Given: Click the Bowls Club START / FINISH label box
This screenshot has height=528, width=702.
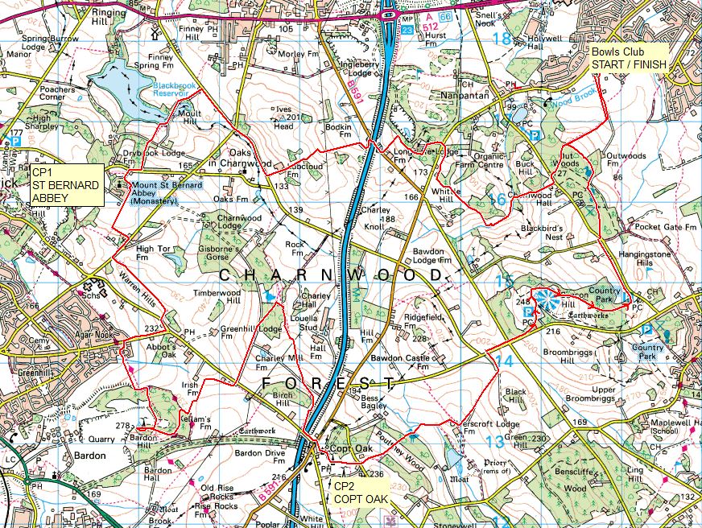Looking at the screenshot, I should [x=629, y=59].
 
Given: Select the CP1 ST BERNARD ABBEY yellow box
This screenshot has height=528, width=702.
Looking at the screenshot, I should [x=64, y=185].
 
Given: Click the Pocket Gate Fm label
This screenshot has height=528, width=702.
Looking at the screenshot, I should [x=665, y=228].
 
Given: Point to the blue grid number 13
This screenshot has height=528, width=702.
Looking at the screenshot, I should [x=493, y=441].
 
